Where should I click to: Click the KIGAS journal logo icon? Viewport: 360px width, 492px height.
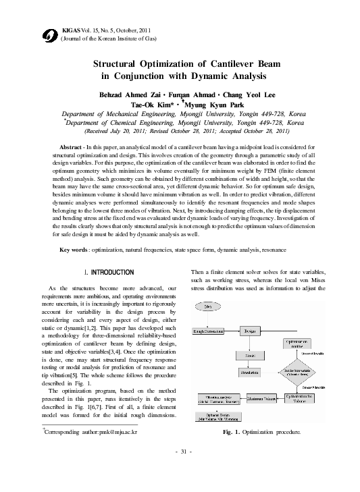pyautogui.click(x=48, y=35)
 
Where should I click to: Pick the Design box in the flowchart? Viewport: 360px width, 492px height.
pyautogui.click(x=250, y=331)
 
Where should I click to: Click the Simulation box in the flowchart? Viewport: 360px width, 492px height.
pyautogui.click(x=250, y=372)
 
